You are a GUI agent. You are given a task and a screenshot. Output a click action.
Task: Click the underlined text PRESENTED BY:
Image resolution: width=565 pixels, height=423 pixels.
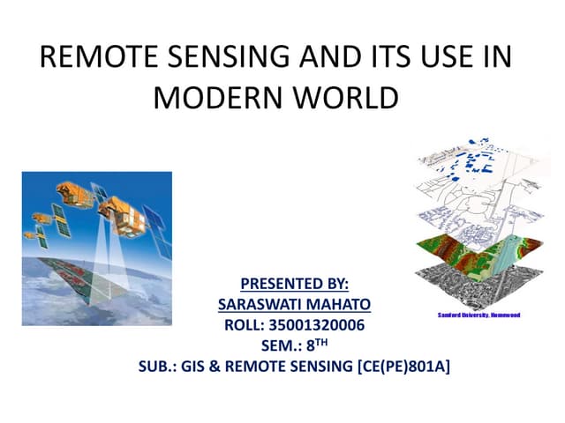(x=294, y=284)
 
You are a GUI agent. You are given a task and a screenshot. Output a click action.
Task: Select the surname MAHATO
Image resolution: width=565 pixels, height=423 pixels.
(x=333, y=304)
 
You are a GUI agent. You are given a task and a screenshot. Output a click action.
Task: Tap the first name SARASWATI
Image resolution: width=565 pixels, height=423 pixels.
(x=254, y=304)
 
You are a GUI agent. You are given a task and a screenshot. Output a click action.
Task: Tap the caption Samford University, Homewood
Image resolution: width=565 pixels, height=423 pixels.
(x=478, y=315)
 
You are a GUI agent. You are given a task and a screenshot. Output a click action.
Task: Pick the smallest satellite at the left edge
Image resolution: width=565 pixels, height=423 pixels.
(x=32, y=236)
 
